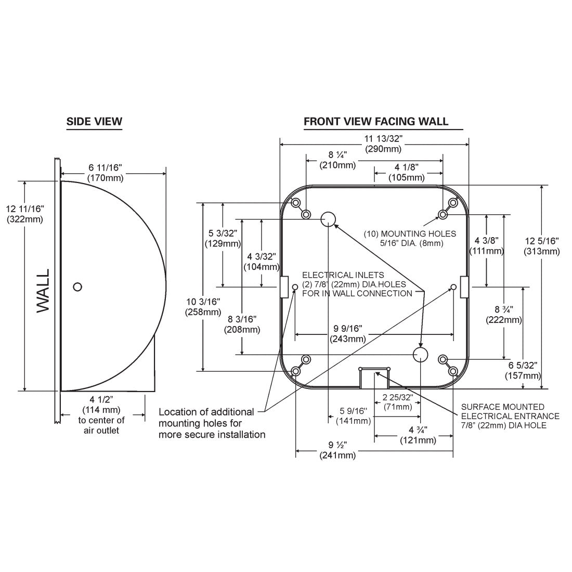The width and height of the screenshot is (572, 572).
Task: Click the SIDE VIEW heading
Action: [x=94, y=122]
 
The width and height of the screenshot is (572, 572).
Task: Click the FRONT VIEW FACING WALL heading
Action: [x=376, y=122]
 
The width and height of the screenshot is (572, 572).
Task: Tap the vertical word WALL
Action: [x=43, y=291]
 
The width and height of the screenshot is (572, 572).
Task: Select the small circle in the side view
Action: [x=77, y=287]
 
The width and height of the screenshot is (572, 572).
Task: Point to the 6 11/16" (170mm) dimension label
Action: [x=106, y=173]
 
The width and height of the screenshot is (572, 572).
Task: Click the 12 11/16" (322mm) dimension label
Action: [x=25, y=214]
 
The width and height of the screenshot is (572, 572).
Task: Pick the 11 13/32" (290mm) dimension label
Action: [x=383, y=144]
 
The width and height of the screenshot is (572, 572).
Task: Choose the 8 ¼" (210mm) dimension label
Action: [x=337, y=160]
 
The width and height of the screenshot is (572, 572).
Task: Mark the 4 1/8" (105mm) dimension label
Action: [x=407, y=173]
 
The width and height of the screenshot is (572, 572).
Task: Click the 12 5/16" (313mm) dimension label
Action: [x=542, y=246]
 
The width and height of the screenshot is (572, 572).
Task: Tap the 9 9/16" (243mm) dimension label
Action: [x=348, y=334]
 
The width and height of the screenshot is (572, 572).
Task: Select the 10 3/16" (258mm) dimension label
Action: [x=203, y=307]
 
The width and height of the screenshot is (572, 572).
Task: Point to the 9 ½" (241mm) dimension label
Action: [x=337, y=450]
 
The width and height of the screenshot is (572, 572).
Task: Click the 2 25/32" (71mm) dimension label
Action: [x=398, y=402]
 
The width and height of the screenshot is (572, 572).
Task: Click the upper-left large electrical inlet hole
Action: [x=328, y=219]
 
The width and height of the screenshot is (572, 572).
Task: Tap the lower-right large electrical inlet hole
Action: [x=420, y=354]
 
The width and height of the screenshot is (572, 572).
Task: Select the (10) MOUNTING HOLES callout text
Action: [x=410, y=238]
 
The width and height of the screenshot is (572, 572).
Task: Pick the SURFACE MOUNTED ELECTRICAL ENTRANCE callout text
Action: [x=510, y=416]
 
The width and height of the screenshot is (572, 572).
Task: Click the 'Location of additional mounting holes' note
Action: [x=212, y=423]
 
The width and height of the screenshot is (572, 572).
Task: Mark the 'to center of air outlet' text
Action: [x=101, y=425]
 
